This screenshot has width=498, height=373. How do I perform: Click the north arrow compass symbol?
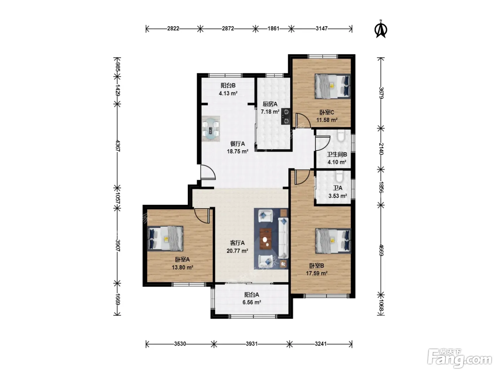click(381, 29)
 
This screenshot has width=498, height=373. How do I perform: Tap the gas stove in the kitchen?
click(286, 117)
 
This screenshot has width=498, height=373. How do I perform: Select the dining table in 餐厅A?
click(211, 129)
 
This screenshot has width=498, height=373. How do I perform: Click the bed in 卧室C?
click(333, 86)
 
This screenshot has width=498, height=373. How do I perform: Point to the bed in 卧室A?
click(165, 238)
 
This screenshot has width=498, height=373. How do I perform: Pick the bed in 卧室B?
click(333, 241)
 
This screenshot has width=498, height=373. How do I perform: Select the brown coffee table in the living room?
click(265, 239)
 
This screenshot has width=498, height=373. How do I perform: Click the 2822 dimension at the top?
click(173, 28)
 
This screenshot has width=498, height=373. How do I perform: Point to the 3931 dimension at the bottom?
click(251, 344)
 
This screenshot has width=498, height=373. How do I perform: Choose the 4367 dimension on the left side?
click(118, 146)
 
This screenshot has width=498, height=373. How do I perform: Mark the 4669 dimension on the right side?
click(381, 250)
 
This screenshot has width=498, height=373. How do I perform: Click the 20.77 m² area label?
click(237, 251)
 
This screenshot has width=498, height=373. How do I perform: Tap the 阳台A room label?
click(251, 294)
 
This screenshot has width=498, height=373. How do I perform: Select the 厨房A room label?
click(270, 104)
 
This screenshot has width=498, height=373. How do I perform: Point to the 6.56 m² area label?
click(251, 302)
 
